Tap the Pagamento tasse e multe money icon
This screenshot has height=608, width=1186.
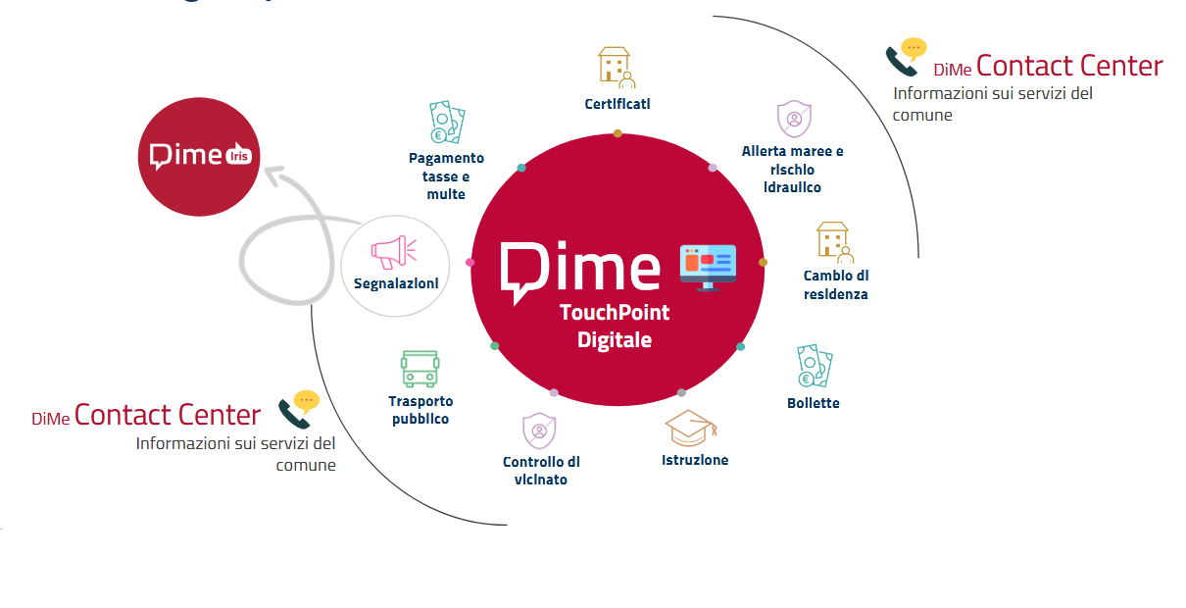446,123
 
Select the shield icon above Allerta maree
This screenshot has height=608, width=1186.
793,119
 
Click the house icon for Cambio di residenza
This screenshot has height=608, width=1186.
834,242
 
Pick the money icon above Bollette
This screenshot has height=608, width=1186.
815,366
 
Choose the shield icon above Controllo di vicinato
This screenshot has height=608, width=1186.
538,431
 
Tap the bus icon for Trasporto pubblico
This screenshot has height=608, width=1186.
420,369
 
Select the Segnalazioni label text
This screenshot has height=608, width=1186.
396,284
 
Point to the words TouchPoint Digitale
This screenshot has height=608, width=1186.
615,327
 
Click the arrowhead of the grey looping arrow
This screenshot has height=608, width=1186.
275,177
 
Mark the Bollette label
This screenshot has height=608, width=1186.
814,403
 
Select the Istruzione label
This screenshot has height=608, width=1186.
695,460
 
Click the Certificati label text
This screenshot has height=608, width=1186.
618,104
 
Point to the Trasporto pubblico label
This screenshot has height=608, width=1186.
420,410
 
